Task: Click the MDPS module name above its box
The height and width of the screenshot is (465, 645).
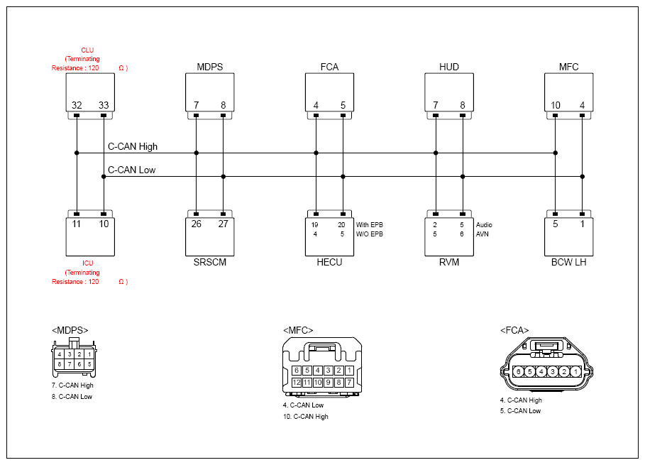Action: coord(210,67)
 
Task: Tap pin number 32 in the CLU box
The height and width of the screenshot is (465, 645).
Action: coord(77,105)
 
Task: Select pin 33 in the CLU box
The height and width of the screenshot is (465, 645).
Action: coord(104,105)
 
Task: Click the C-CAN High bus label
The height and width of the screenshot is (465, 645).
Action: coord(133,146)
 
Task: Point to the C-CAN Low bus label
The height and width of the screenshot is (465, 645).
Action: coord(132,170)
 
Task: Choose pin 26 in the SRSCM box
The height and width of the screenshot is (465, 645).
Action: coord(197,224)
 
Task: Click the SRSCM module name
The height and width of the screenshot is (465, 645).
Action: coord(210,262)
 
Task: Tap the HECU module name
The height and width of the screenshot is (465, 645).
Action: coord(329,262)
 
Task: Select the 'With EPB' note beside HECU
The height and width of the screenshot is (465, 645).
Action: coord(370,224)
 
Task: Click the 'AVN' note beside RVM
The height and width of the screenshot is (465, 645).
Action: coord(482,234)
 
